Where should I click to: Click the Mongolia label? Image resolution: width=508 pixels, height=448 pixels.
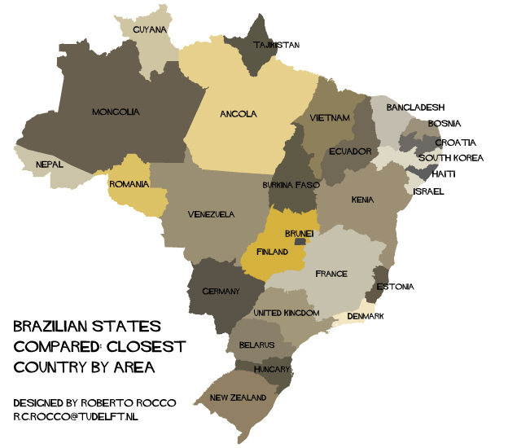point(116,112)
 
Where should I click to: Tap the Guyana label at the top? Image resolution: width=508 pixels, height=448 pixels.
point(150,30)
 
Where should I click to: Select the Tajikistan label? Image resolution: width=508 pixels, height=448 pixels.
point(276,45)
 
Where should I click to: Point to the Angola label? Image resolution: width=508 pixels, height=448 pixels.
point(239,114)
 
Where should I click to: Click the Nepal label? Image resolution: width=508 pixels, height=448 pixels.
point(49,164)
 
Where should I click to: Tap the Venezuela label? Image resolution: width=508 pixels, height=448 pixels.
point(211,215)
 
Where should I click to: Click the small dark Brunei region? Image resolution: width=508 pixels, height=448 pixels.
point(300,242)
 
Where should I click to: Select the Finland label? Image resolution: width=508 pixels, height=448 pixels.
point(272,253)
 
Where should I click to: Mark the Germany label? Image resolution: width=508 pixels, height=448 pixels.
point(221,292)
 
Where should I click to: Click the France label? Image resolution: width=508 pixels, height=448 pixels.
point(331,274)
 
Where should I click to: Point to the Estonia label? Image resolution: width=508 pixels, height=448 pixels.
point(395,287)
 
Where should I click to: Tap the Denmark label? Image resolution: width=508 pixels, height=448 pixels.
point(365,316)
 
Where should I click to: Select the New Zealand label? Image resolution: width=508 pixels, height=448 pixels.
point(238,398)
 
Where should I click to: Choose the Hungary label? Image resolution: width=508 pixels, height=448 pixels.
point(272,369)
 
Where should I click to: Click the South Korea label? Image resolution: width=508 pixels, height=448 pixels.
point(450,158)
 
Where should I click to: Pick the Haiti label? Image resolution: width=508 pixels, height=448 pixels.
point(444,174)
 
